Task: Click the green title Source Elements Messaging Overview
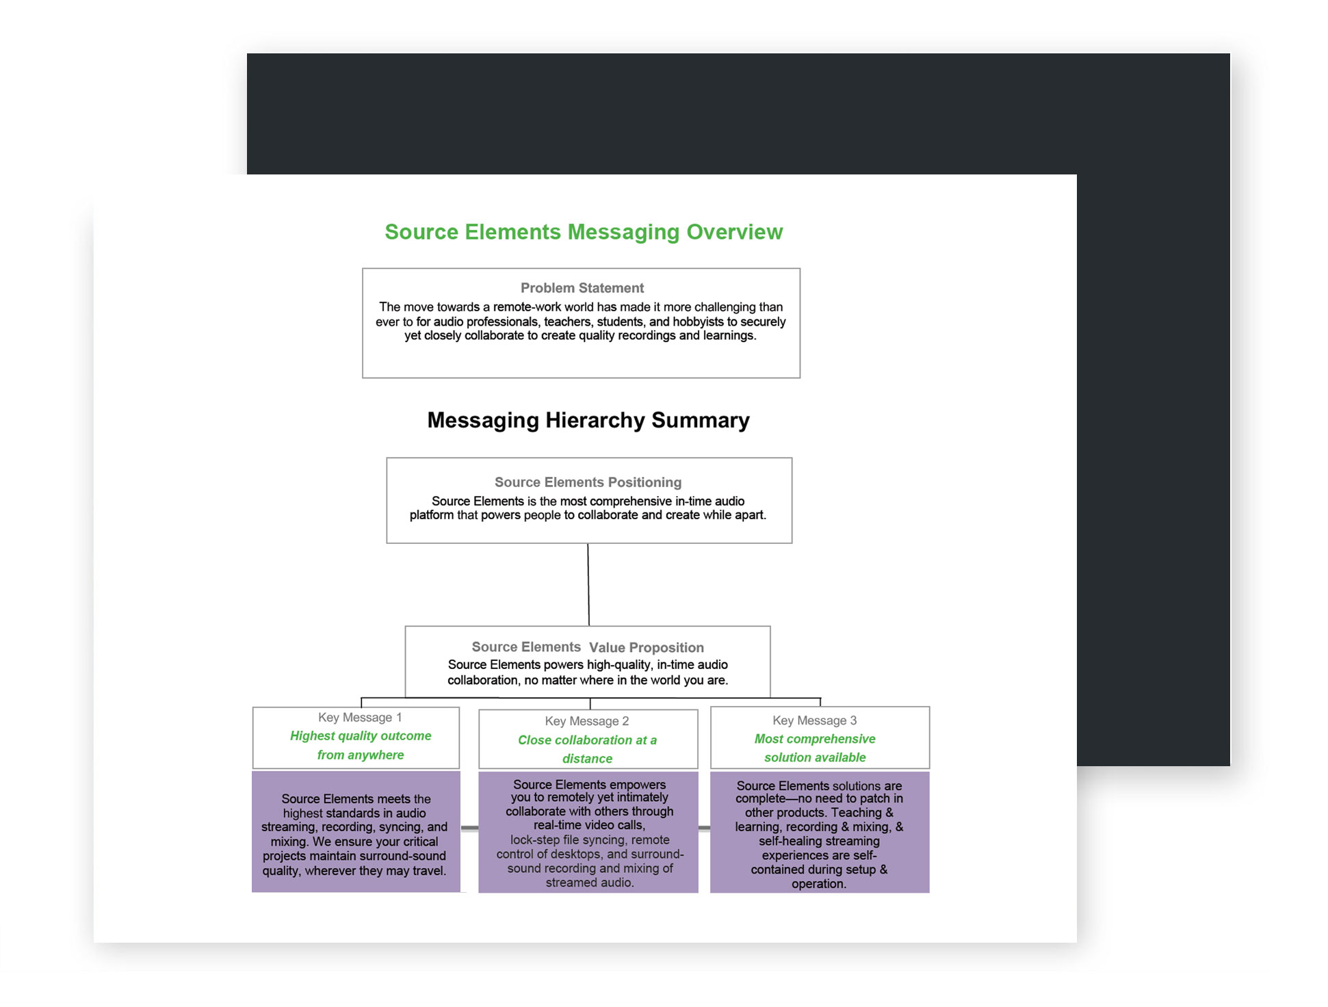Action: click(583, 232)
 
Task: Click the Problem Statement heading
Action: click(582, 288)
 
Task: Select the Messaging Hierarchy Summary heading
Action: click(588, 420)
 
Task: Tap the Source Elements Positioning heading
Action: click(588, 482)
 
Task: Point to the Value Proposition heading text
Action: click(646, 648)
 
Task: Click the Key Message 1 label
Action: click(360, 718)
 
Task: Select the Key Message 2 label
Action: click(587, 721)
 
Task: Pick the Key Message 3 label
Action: click(814, 720)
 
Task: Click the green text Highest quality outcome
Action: click(361, 736)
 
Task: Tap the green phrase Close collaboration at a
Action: click(587, 740)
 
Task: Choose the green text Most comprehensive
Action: click(814, 739)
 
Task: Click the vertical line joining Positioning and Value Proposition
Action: click(588, 585)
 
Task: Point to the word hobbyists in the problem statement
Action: click(698, 322)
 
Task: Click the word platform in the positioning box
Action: click(432, 515)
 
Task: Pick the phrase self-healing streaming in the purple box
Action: click(819, 841)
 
